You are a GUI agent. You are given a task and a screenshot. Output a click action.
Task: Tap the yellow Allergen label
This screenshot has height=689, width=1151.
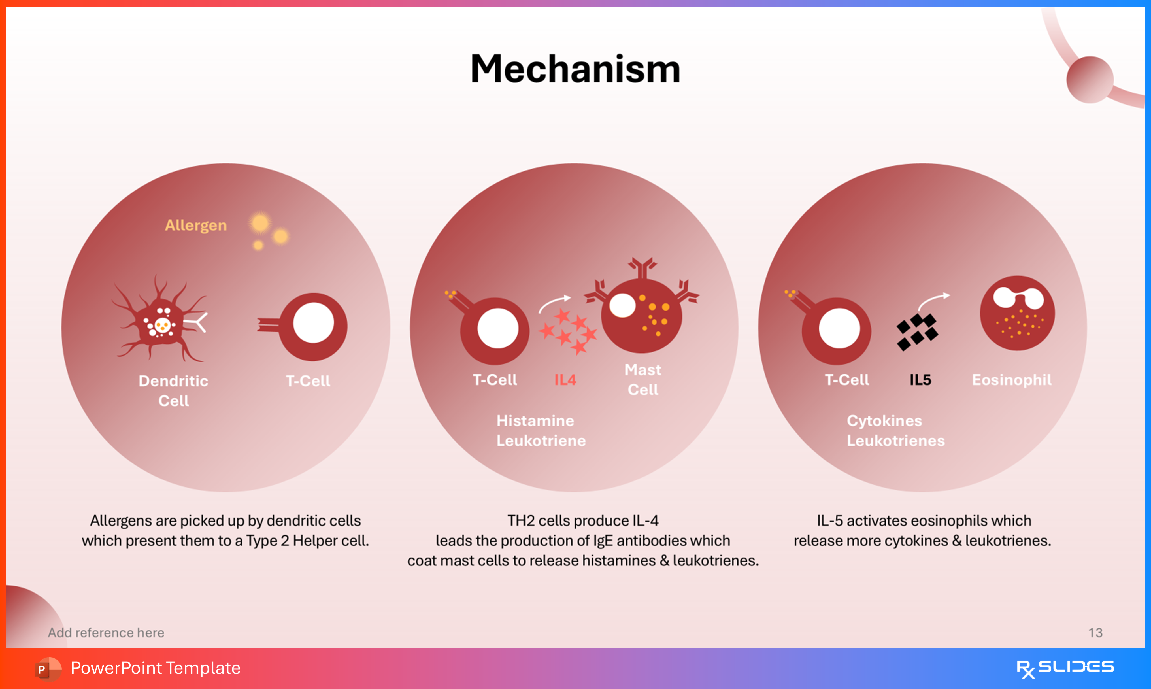point(196,225)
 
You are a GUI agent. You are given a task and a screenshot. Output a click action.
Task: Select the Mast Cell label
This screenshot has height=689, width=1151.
point(643,379)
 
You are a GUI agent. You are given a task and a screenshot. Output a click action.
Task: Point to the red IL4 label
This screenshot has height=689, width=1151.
point(565,380)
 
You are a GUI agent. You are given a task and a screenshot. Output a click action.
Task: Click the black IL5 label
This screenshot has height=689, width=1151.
point(920,380)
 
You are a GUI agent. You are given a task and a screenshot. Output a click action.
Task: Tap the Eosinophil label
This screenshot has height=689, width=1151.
point(1012,380)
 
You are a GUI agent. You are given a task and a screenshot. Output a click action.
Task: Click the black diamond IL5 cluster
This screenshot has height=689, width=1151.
point(917,332)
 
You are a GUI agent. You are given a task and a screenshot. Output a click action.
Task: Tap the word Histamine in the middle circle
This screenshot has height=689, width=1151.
point(535,421)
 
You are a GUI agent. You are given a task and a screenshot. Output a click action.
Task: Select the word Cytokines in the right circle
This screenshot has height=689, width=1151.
point(884,421)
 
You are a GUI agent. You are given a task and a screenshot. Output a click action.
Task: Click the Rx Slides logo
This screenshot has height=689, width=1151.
point(1065,668)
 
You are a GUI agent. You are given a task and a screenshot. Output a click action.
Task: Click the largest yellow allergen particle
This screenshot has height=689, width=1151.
point(260,223)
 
